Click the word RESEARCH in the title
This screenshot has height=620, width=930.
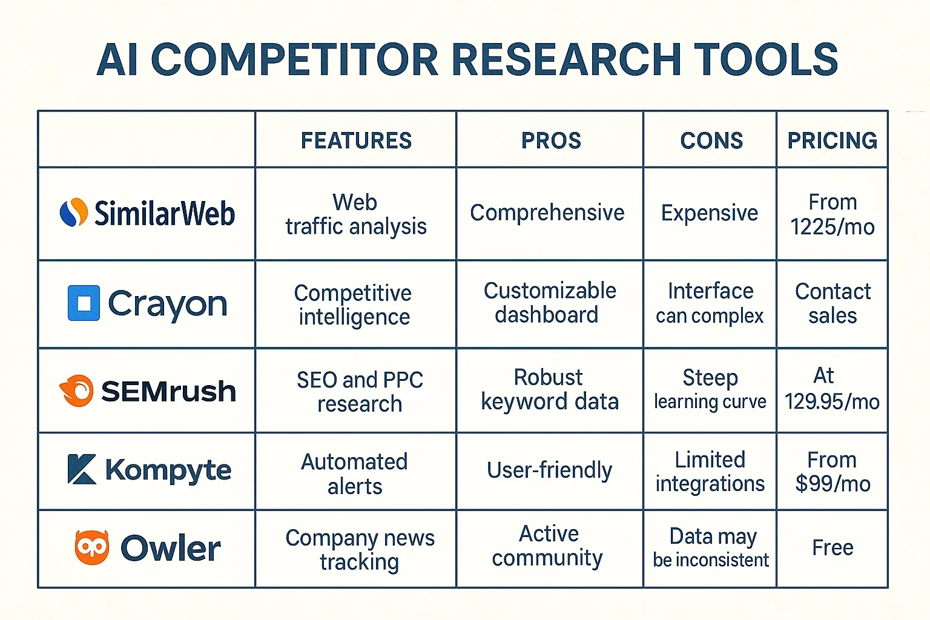tap(567, 60)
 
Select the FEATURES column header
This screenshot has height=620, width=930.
tap(356, 140)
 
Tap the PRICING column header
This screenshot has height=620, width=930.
tap(832, 140)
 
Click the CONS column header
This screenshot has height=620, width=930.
tap(711, 140)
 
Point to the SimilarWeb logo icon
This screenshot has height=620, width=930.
tap(74, 213)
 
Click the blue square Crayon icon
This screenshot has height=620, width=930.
tap(84, 303)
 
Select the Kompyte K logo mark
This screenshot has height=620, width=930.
tap(82, 469)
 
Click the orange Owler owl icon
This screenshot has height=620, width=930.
tap(91, 547)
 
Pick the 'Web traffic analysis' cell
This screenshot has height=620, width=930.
tap(356, 214)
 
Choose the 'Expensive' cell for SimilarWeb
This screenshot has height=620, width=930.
tap(710, 213)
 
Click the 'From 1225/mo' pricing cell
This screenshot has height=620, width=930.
tap(832, 214)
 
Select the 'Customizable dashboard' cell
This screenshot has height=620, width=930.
tap(549, 303)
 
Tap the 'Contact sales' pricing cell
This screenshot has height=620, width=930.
tap(832, 303)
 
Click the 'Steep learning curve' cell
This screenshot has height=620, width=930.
tap(710, 389)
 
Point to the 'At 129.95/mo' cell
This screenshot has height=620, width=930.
tap(832, 389)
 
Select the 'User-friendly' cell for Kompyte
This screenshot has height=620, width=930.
tap(549, 470)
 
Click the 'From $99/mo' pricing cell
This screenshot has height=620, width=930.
tap(832, 472)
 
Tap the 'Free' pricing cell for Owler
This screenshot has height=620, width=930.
tap(832, 548)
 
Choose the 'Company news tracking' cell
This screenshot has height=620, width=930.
tap(360, 549)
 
